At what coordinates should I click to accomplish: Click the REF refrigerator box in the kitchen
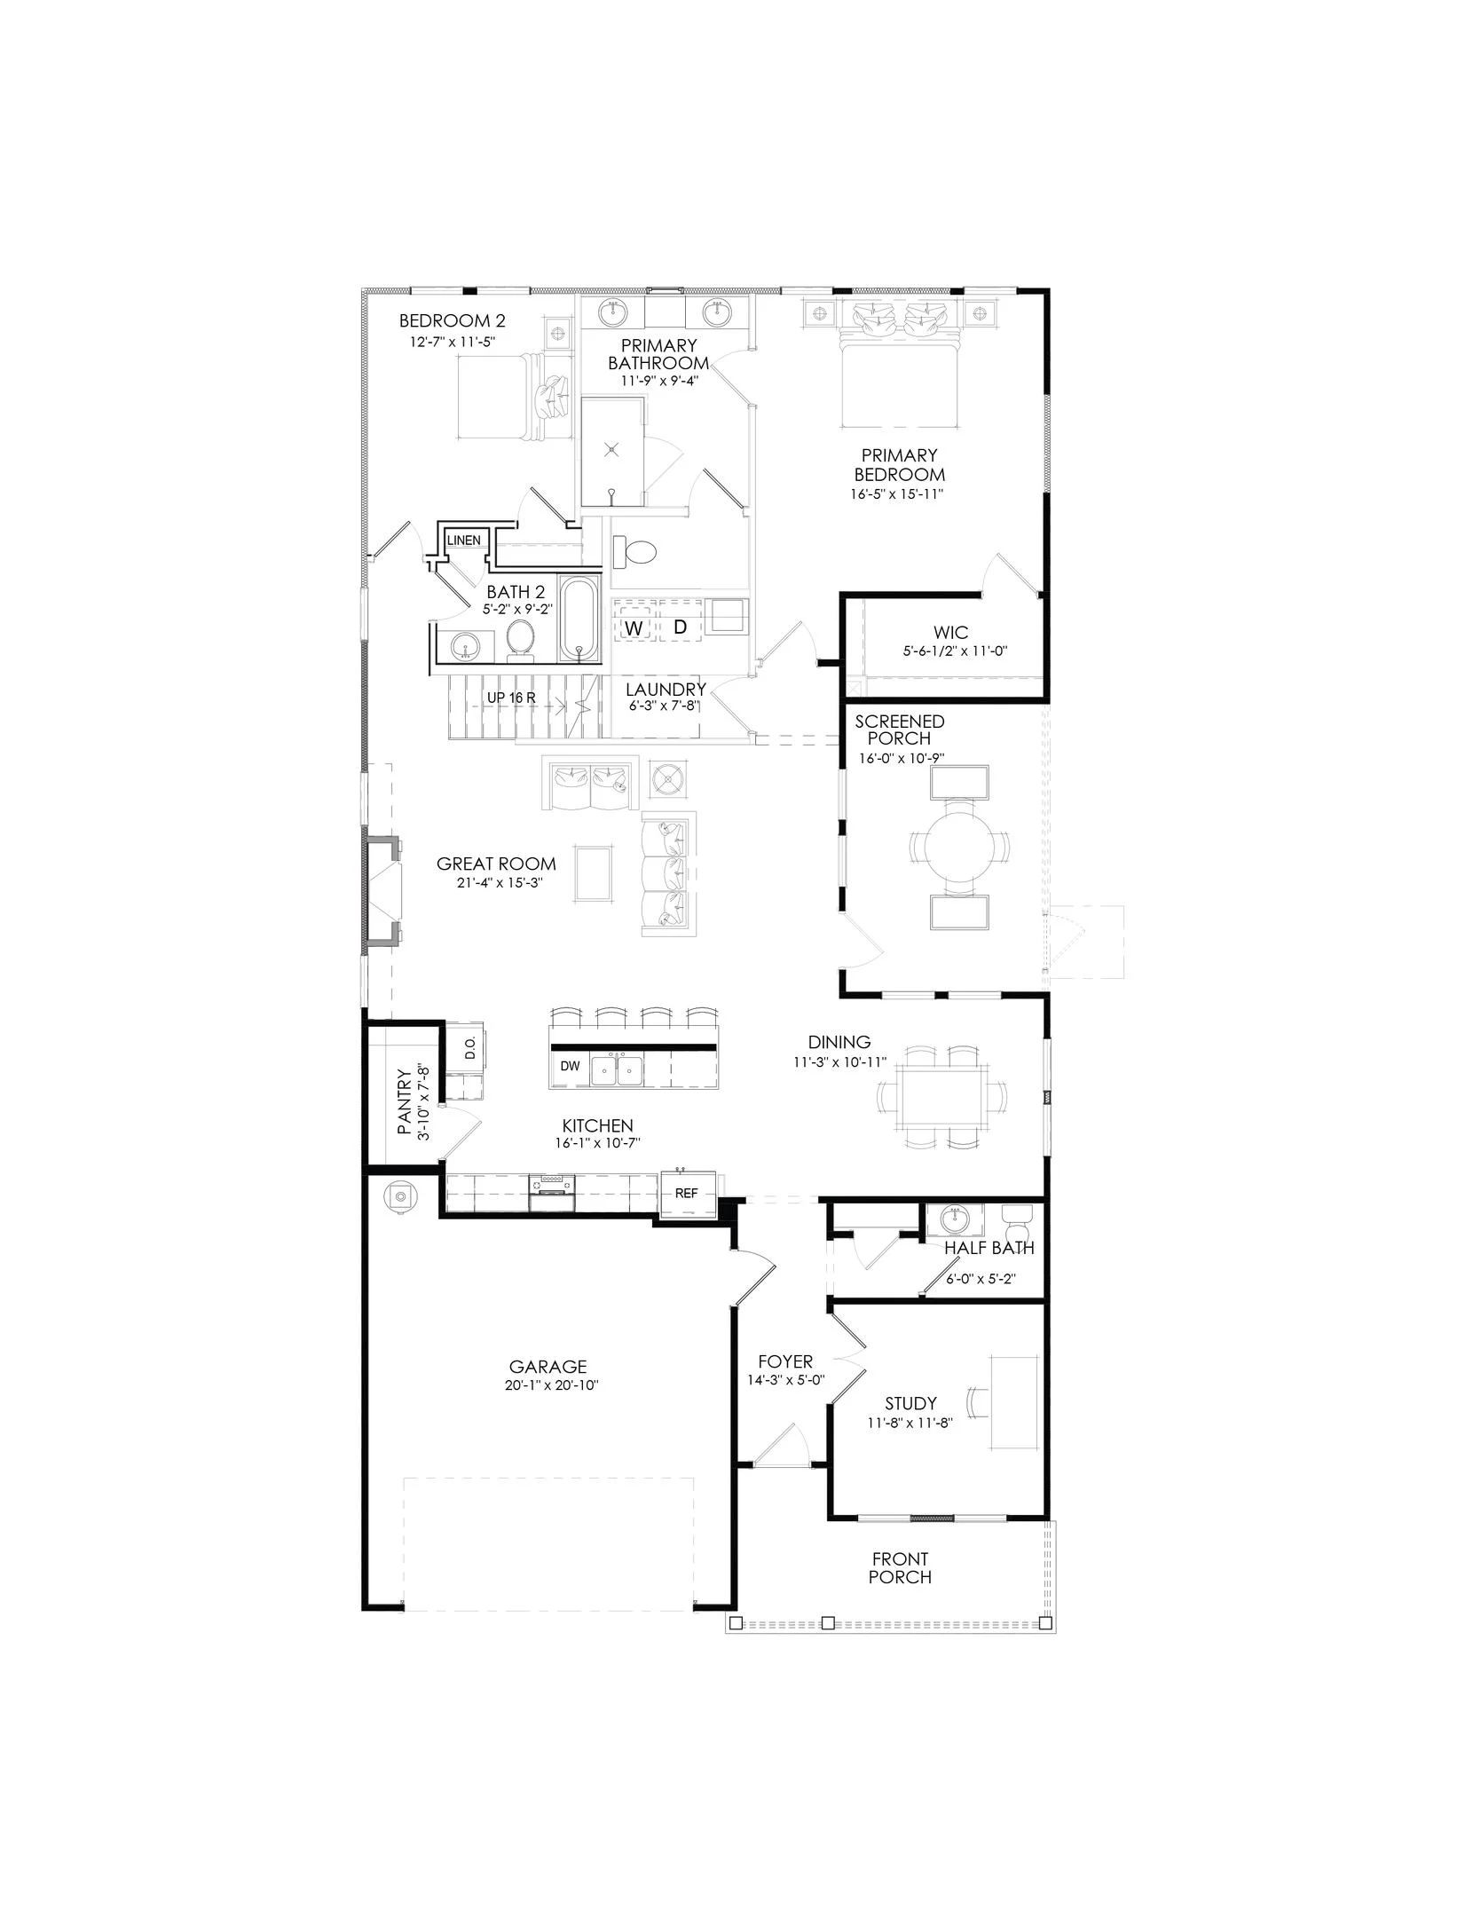686,1194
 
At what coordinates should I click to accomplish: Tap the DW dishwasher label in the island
570,1066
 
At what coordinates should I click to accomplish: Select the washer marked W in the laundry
634,627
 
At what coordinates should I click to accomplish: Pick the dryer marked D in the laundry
680,627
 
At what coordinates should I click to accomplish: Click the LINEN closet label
463,540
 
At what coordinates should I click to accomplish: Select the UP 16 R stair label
511,698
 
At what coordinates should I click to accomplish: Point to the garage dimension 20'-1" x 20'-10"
547,1385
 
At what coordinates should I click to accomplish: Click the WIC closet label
950,633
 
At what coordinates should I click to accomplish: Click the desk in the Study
1012,1403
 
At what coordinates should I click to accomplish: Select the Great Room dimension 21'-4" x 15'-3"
496,883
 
